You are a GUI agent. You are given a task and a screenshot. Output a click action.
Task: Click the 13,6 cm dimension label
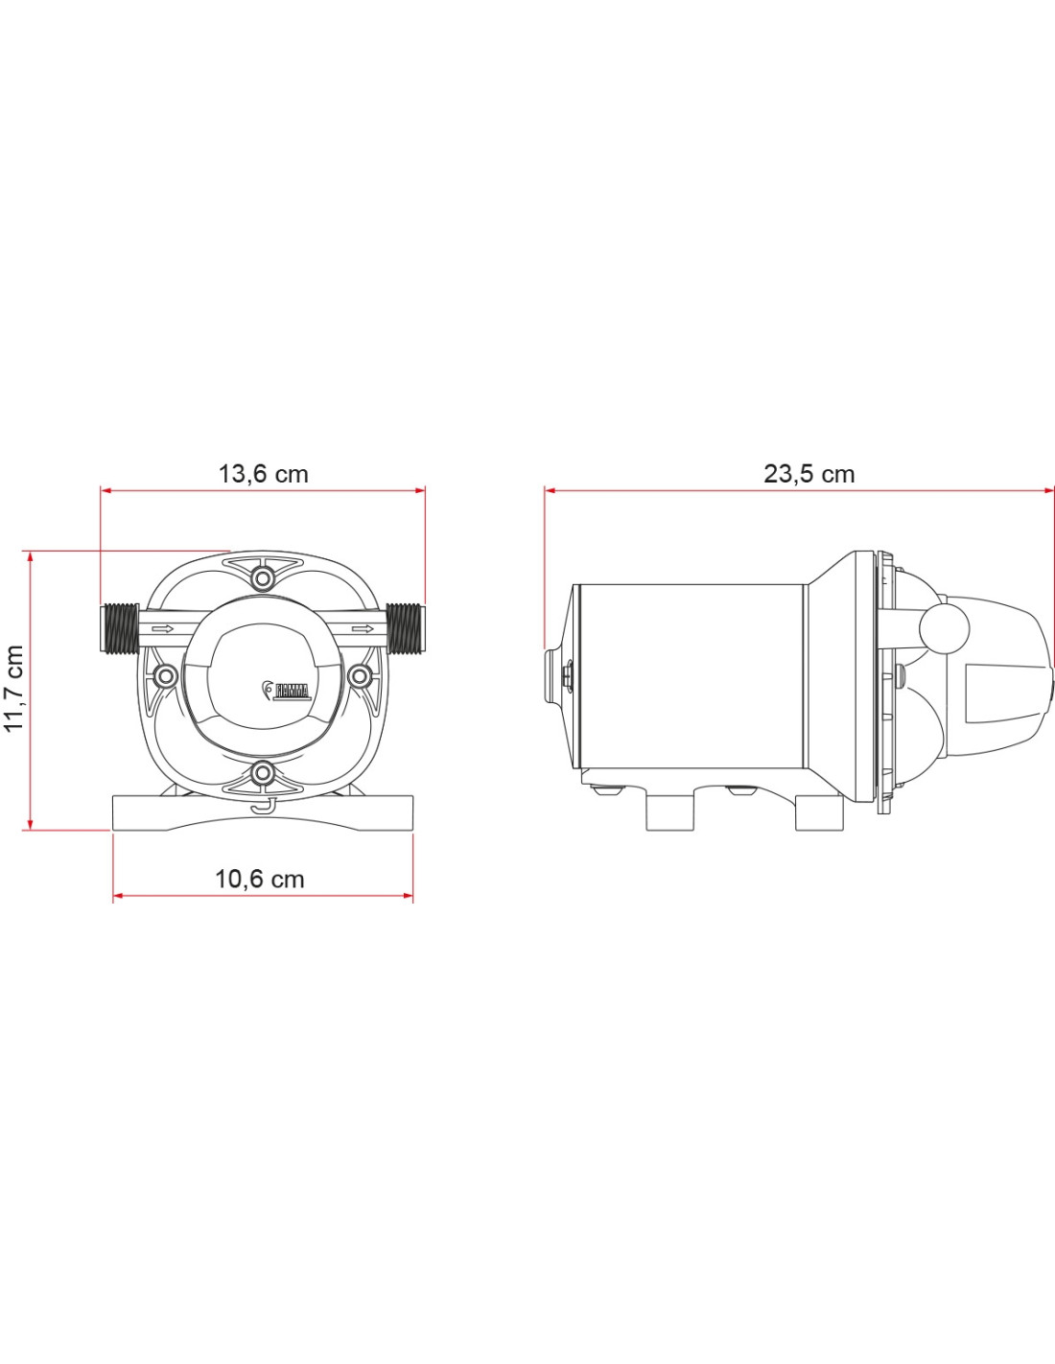(263, 474)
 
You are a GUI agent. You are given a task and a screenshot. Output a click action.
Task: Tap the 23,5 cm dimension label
(809, 474)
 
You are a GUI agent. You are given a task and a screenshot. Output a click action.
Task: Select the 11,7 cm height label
(13, 688)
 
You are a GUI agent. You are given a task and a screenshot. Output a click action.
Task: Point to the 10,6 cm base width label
(260, 879)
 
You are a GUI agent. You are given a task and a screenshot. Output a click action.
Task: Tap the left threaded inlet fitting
(120, 627)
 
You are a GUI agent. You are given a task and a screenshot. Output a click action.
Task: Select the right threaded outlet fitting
(406, 627)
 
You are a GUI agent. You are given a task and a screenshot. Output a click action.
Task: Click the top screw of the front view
(264, 576)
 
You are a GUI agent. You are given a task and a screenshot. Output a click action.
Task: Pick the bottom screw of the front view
(264, 773)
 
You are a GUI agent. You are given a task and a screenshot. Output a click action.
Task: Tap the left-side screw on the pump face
(165, 676)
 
